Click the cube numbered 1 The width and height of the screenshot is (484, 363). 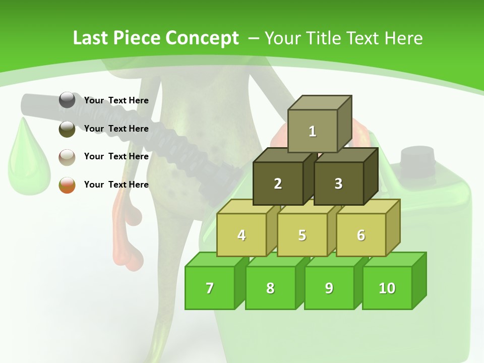tap(313, 131)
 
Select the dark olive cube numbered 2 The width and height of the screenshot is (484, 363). tap(278, 184)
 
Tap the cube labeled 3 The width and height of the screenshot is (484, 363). tap(338, 184)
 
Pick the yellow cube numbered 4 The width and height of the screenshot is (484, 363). tap(241, 235)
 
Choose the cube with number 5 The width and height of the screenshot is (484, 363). tap(302, 235)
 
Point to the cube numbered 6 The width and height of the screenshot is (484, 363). tap(361, 235)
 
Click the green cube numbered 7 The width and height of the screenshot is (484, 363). tap(210, 288)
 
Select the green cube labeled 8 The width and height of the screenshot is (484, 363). tap(270, 288)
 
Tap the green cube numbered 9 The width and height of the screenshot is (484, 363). tap(329, 288)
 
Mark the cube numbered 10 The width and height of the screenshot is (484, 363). tap(387, 288)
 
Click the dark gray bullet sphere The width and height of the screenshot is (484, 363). tap(67, 100)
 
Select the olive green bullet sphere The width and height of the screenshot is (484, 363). tap(67, 129)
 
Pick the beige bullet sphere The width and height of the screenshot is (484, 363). tap(67, 157)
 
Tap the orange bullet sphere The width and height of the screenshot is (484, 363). tap(67, 185)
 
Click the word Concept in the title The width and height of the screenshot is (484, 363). tap(202, 38)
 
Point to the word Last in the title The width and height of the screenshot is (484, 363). tap(91, 38)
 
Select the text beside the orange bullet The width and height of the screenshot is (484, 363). tap(116, 185)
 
